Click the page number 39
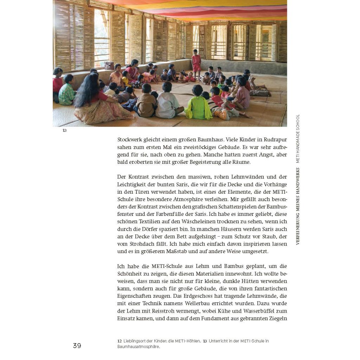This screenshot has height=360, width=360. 77,346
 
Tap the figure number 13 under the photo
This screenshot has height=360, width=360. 64,130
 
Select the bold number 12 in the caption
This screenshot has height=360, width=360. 120,341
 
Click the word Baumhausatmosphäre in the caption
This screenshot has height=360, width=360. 138,347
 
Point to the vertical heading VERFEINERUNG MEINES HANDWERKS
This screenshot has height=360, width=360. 298,206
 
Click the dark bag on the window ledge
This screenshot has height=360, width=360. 109,65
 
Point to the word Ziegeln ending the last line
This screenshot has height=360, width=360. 278,319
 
